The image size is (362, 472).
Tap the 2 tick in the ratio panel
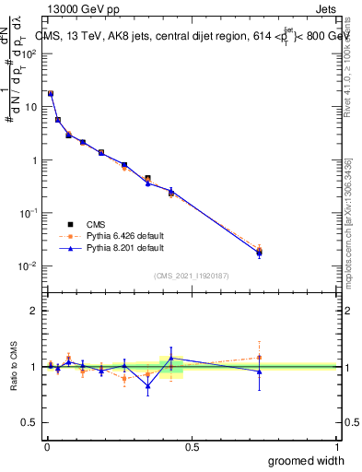coord(34,311)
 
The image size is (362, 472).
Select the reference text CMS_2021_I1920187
coord(191,275)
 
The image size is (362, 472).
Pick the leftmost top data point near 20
coord(50,93)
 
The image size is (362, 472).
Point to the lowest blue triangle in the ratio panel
coord(147,385)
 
